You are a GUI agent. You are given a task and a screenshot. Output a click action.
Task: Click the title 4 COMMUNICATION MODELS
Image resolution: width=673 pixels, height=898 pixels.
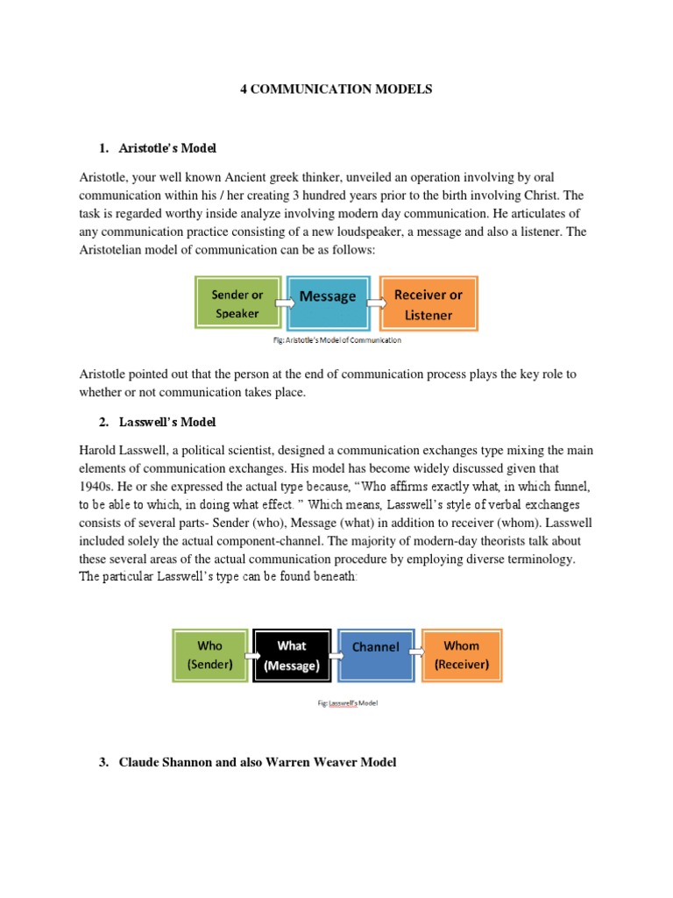[336, 89]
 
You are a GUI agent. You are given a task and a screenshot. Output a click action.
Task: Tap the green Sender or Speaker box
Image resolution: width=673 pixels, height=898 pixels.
[237, 303]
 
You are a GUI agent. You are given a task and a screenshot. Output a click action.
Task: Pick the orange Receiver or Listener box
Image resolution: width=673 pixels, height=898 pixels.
[428, 303]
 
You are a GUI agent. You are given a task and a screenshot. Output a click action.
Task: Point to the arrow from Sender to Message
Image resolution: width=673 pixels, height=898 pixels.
[285, 303]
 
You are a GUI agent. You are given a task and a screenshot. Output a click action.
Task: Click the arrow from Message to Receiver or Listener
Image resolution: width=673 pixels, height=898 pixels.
[375, 303]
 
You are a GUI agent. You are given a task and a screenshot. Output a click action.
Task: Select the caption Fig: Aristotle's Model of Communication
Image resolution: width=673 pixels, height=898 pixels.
[336, 339]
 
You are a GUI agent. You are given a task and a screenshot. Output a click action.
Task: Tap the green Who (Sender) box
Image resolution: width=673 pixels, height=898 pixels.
[210, 655]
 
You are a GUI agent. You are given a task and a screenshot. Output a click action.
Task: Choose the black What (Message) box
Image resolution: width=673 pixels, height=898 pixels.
[292, 655]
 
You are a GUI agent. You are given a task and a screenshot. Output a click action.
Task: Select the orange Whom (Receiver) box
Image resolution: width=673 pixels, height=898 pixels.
[461, 655]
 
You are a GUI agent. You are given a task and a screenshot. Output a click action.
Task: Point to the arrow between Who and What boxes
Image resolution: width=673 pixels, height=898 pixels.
[251, 655]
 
